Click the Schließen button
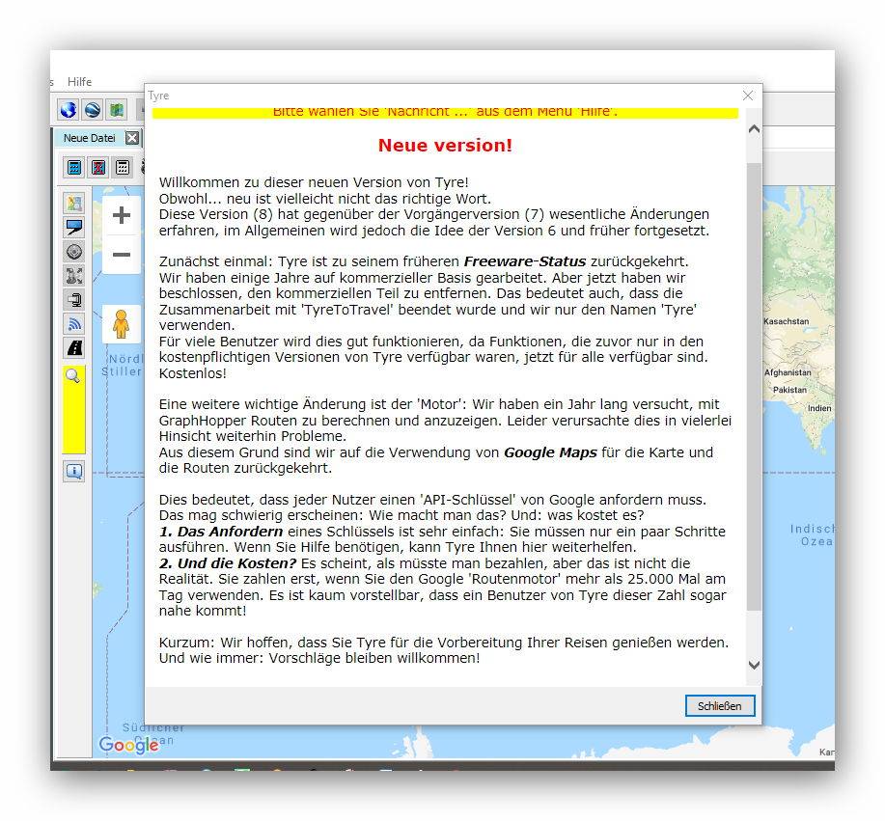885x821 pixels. pyautogui.click(x=720, y=706)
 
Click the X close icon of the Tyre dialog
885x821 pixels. pyautogui.click(x=748, y=96)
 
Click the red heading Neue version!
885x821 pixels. pyautogui.click(x=445, y=146)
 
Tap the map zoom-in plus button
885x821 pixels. pyautogui.click(x=122, y=215)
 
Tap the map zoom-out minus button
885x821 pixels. pyautogui.click(x=122, y=255)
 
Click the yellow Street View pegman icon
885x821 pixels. pyautogui.click(x=121, y=324)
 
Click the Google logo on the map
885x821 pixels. pyautogui.click(x=128, y=745)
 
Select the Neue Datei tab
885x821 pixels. pyautogui.click(x=89, y=138)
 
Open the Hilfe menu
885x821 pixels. pyautogui.click(x=80, y=82)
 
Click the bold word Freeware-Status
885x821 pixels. pyautogui.click(x=524, y=261)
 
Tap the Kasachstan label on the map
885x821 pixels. pyautogui.click(x=787, y=321)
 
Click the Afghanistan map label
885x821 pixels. pyautogui.click(x=788, y=372)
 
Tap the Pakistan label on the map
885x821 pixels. pyautogui.click(x=788, y=390)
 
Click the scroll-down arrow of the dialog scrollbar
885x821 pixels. pyautogui.click(x=754, y=665)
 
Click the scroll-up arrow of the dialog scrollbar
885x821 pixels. pyautogui.click(x=754, y=128)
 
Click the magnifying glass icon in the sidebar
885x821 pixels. pyautogui.click(x=72, y=376)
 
